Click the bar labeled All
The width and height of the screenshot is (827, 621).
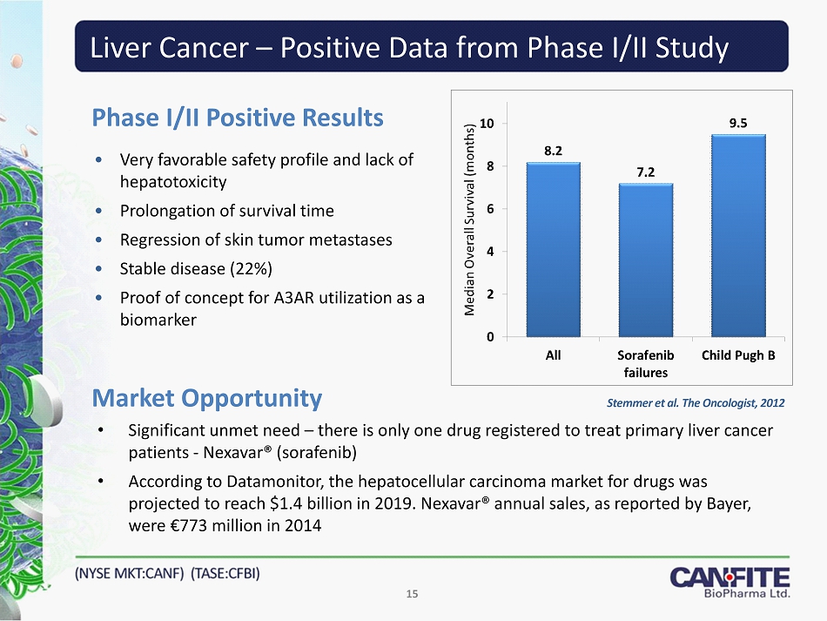[553, 249]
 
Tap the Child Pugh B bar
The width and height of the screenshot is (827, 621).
[738, 235]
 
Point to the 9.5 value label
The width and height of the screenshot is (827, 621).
[738, 123]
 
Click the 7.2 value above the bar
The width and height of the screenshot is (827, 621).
[646, 172]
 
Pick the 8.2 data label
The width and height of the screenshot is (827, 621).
[553, 151]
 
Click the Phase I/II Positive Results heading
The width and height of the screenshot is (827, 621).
[238, 118]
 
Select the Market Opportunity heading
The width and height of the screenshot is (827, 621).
[207, 399]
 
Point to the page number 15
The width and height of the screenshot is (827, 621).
[413, 594]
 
